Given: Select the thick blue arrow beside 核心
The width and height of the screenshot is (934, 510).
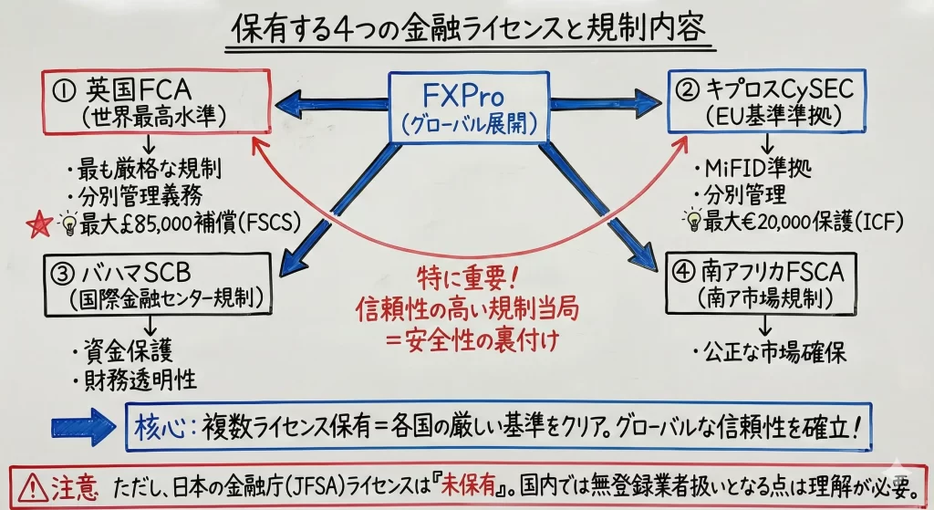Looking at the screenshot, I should click(x=83, y=425).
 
